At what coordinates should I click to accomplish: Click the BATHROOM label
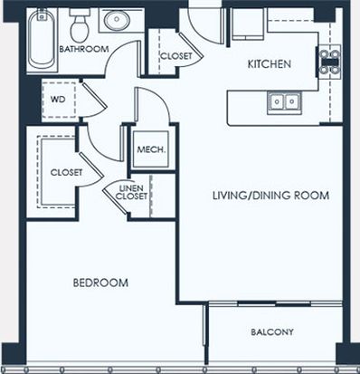point(84,49)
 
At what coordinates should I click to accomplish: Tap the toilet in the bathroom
point(80,25)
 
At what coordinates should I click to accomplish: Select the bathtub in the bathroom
point(42,39)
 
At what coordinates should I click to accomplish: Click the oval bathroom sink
point(117,20)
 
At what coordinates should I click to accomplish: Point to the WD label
point(58,100)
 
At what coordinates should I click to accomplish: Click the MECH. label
point(151,149)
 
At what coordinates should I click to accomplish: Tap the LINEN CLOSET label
point(132,192)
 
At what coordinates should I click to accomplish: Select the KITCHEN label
point(270,64)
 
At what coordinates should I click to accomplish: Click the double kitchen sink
point(284,101)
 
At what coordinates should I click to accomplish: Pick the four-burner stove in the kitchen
point(330,62)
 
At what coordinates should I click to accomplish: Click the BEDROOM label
point(100,283)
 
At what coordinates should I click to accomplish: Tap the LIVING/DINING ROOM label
point(270,196)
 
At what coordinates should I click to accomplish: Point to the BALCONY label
point(272,332)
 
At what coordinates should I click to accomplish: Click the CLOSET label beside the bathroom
point(176,56)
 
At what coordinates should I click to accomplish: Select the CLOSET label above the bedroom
point(66,172)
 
